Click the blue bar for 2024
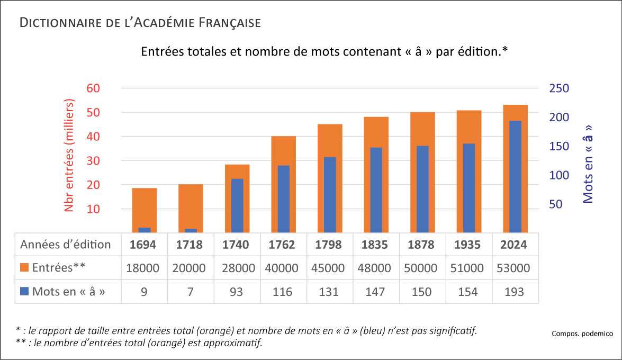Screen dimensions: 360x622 click(515, 176)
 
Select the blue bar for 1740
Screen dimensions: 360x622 click(237, 205)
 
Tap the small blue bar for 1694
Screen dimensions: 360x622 click(145, 230)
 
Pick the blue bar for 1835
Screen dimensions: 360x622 click(376, 190)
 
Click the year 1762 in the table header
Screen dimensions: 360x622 click(283, 245)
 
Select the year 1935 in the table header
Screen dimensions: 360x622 click(468, 245)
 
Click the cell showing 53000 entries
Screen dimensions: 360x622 click(515, 268)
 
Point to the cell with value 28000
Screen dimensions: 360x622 click(237, 268)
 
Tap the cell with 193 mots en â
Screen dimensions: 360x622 click(515, 292)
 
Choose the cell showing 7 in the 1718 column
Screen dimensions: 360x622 click(191, 292)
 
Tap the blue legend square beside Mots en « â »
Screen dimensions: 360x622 click(24, 292)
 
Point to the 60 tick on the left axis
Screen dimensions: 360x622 click(93, 88)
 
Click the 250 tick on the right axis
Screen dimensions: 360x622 click(558, 88)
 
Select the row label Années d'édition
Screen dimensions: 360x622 click(66, 245)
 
